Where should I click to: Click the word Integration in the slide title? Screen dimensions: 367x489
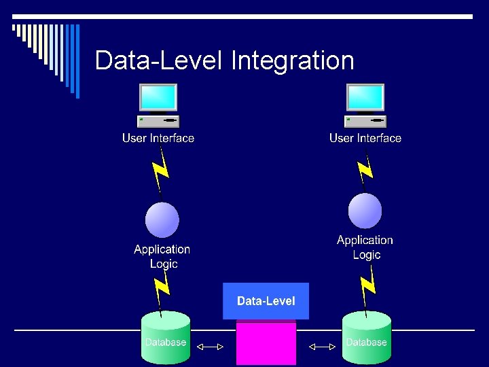[293, 60]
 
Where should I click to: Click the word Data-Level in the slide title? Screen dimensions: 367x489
[159, 60]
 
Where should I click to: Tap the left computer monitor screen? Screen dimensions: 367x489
[158, 97]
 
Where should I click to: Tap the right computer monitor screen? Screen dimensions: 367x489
[365, 97]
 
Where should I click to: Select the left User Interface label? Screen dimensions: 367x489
[158, 138]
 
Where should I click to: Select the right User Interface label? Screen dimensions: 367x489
[365, 138]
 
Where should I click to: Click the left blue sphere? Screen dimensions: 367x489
[162, 220]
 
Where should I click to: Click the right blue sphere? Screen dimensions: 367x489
[365, 211]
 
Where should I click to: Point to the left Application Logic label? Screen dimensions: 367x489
[162, 256]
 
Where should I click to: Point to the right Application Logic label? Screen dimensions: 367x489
[365, 247]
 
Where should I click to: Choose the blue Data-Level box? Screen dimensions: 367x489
[266, 301]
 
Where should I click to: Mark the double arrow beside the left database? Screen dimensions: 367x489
[210, 347]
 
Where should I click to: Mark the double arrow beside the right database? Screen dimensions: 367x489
[322, 347]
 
